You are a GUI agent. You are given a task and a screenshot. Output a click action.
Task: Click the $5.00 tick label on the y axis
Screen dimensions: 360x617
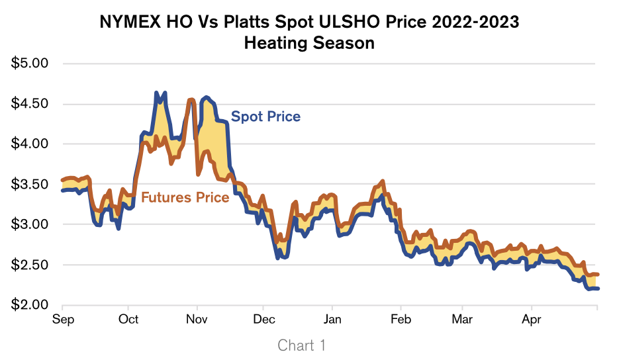click(31, 64)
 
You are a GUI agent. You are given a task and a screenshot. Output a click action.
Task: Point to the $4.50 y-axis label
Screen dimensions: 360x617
click(31, 104)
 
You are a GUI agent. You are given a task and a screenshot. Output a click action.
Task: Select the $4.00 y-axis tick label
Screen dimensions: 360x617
click(31, 144)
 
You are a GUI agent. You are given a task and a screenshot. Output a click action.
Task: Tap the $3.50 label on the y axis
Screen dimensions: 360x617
click(31, 184)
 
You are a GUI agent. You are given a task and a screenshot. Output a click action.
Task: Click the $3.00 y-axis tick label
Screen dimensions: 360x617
click(31, 224)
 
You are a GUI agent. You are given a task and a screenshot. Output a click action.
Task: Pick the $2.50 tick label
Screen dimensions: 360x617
click(31, 265)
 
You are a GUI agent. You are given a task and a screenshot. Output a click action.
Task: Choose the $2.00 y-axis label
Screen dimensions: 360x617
click(31, 305)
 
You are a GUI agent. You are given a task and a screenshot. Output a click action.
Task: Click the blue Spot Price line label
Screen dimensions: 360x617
click(265, 116)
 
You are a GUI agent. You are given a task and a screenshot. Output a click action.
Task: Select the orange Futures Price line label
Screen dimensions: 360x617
click(185, 197)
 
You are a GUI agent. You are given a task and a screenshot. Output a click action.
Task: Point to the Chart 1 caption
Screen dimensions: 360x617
click(302, 345)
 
